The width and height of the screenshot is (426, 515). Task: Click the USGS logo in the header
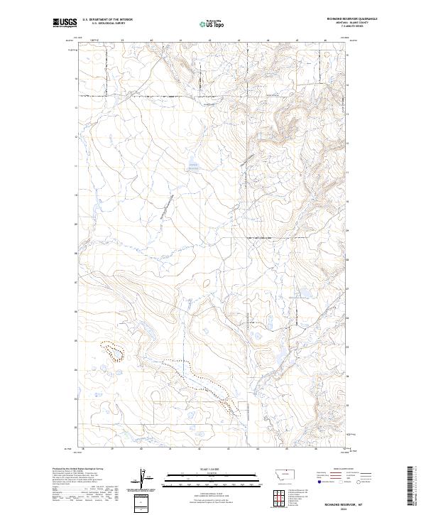pos(65,23)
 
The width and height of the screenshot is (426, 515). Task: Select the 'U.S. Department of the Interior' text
pos(107,20)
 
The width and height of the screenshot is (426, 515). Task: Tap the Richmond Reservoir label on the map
pos(193,167)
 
